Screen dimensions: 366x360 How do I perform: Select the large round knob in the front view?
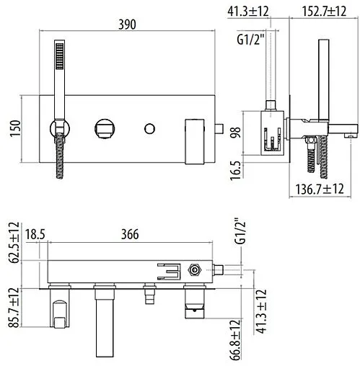[103, 129]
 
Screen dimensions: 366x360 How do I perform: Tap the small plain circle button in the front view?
[151, 128]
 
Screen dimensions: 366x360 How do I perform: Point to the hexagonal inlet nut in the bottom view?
[193, 272]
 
